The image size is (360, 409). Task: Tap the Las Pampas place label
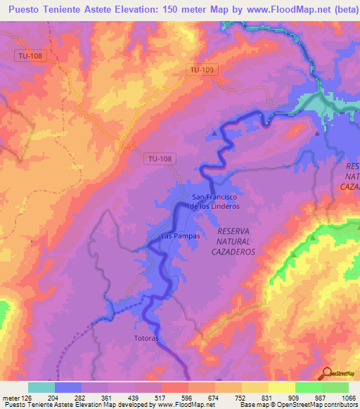pos(181,236)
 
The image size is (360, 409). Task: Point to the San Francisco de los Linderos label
pos(214,202)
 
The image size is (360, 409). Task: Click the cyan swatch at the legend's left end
pos(41,387)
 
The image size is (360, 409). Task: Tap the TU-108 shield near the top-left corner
pos(30,56)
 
